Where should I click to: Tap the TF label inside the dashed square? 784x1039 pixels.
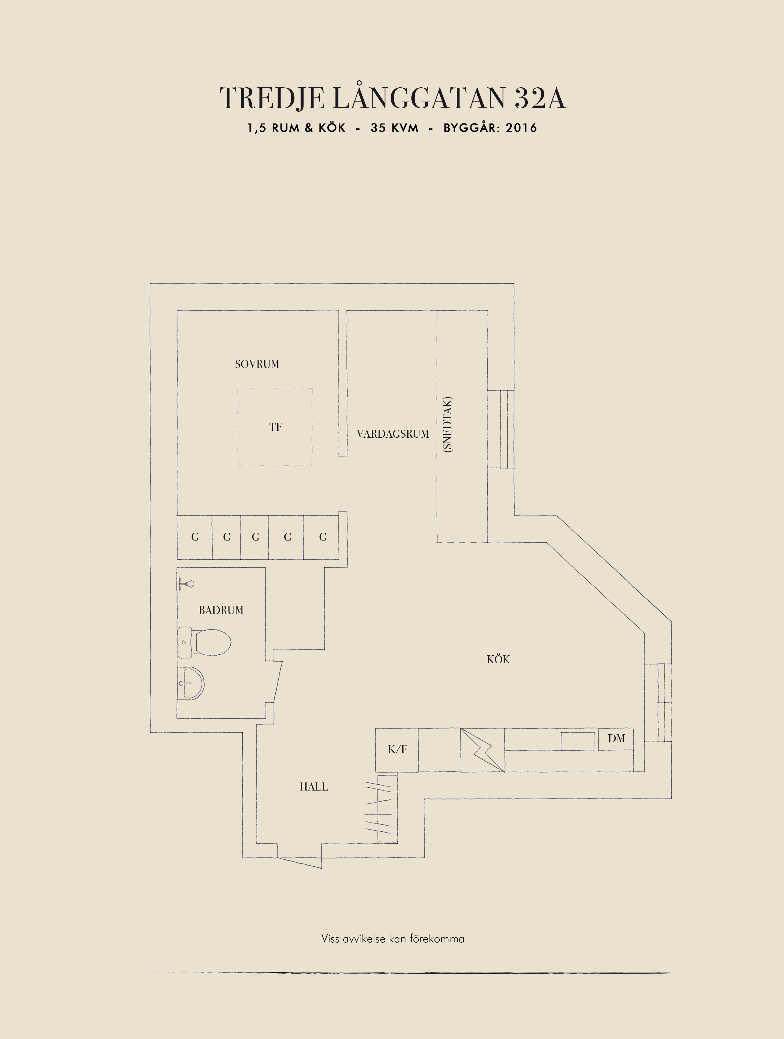[276, 427]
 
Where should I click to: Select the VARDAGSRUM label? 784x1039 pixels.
[393, 434]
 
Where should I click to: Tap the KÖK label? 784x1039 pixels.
[498, 659]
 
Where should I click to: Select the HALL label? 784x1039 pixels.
[314, 787]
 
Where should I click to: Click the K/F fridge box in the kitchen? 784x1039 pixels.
[397, 750]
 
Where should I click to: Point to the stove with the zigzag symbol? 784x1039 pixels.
[482, 750]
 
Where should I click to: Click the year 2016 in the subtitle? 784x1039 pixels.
[522, 128]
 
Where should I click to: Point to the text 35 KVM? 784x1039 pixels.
[395, 128]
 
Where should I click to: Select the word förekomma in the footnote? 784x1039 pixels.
[437, 939]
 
